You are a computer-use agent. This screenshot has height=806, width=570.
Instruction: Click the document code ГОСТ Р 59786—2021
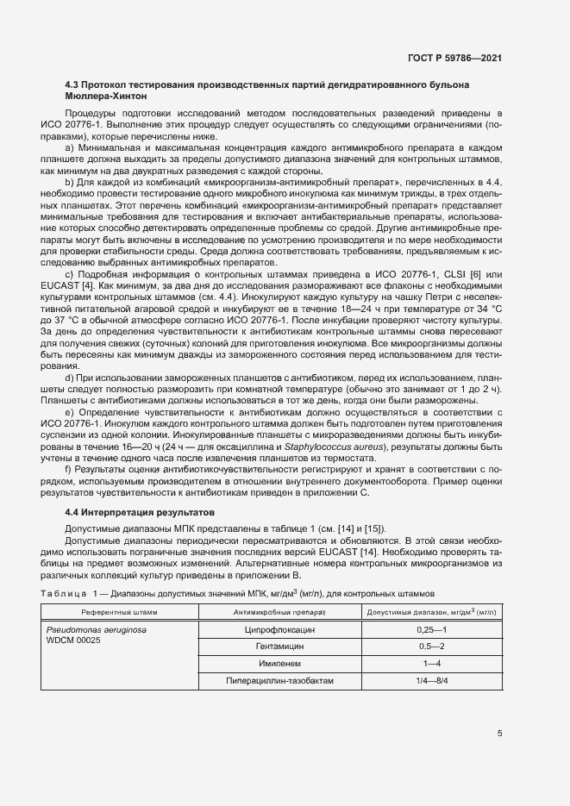[x=455, y=58]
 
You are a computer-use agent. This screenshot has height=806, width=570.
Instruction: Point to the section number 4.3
[x=72, y=85]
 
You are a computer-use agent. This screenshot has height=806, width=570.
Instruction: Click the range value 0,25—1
[x=431, y=630]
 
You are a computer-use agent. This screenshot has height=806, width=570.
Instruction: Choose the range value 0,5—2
[x=431, y=647]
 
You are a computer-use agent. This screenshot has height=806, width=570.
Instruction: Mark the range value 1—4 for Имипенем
[x=431, y=664]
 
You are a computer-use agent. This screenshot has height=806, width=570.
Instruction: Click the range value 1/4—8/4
[x=431, y=681]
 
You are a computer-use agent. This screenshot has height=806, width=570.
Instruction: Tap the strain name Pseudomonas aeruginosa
[x=96, y=631]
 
